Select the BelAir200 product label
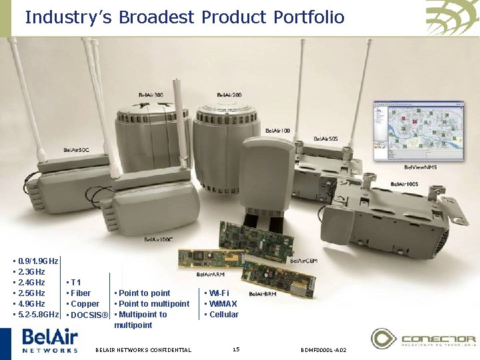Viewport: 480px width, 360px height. tap(228, 95)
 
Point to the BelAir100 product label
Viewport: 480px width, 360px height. tap(278, 131)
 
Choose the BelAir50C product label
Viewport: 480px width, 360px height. tap(77, 149)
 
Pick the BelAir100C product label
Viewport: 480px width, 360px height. tap(159, 239)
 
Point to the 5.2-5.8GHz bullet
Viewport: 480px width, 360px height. tap(36, 315)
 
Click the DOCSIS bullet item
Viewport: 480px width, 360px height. tap(87, 315)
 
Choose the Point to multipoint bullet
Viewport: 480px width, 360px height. tap(153, 304)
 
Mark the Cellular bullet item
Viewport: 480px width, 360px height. tap(222, 315)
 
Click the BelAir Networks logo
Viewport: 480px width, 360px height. tap(50, 341)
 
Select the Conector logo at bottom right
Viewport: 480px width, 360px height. tap(423, 339)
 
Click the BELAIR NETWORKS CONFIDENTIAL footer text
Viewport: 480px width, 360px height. tap(143, 350)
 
